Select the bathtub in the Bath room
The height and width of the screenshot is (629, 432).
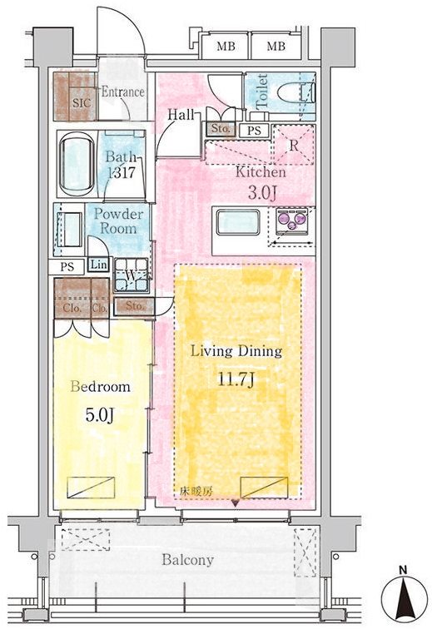pyautogui.click(x=77, y=164)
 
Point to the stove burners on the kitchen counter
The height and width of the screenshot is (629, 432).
pyautogui.click(x=291, y=220)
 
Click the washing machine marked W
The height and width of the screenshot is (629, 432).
pyautogui.click(x=131, y=275)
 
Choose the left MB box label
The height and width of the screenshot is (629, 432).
pyautogui.click(x=226, y=47)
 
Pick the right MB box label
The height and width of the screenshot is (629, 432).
pyautogui.click(x=276, y=47)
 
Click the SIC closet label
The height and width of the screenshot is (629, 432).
pyautogui.click(x=82, y=102)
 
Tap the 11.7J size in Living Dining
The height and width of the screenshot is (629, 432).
pyautogui.click(x=236, y=379)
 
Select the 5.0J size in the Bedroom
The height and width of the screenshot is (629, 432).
pyautogui.click(x=100, y=415)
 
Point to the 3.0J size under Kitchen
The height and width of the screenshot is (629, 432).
pyautogui.click(x=262, y=193)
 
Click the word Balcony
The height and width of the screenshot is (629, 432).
pyautogui.click(x=187, y=560)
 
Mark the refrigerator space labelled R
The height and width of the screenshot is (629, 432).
pyautogui.click(x=294, y=145)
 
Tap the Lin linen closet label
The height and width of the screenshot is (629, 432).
pyautogui.click(x=98, y=265)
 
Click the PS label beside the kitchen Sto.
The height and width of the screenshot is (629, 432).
pyautogui.click(x=254, y=131)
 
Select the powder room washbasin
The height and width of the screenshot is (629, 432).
pyautogui.click(x=70, y=230)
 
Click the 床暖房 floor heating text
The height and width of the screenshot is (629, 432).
pyautogui.click(x=196, y=491)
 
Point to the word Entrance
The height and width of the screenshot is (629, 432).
pyautogui.click(x=122, y=92)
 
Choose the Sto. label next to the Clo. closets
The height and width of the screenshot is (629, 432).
pyautogui.click(x=135, y=305)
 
